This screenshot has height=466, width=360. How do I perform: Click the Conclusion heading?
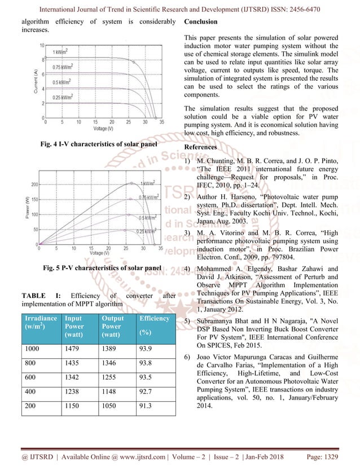(200, 21)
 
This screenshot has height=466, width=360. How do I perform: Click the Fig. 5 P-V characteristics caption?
(102, 267)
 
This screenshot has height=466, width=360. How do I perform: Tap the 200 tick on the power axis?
(34, 184)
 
